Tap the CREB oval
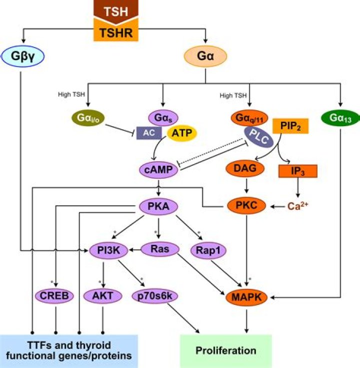(x=55, y=296)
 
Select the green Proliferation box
(x=225, y=349)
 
